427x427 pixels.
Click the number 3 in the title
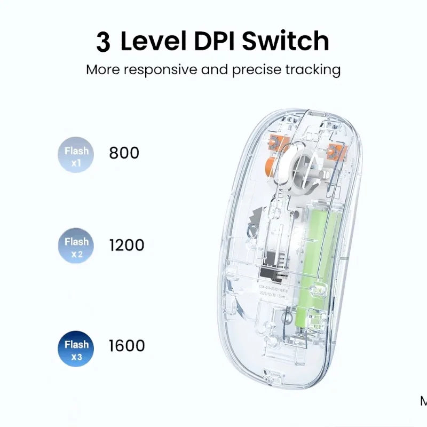pos(104,42)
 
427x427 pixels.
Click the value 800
pos(124,153)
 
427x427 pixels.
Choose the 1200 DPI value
pos(126,245)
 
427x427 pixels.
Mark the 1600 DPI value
pos(126,345)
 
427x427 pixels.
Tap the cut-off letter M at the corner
pos(423,401)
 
